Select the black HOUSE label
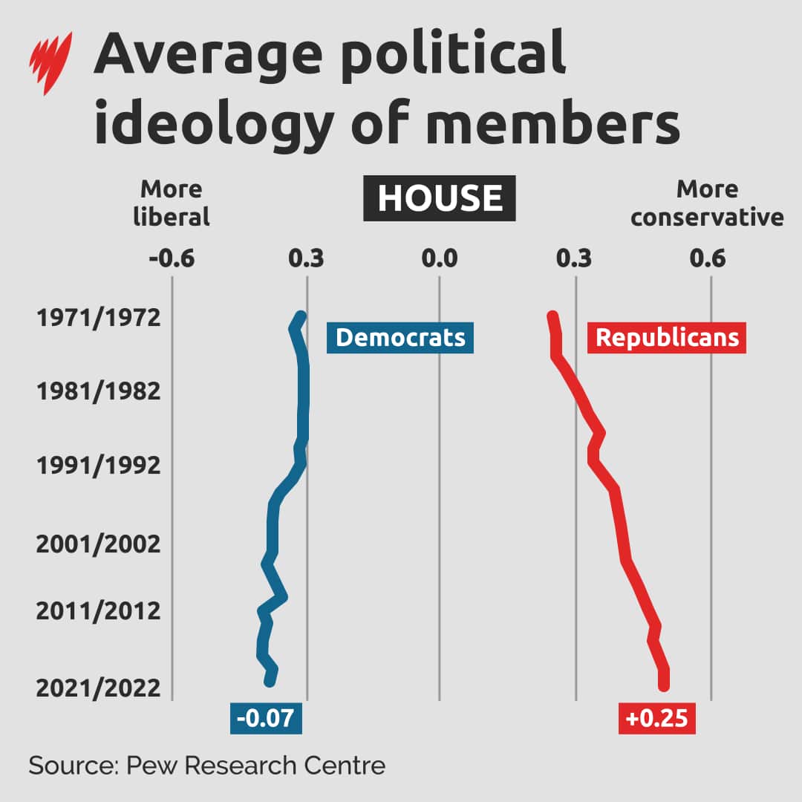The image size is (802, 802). (x=440, y=198)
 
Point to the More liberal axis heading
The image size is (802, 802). (x=171, y=203)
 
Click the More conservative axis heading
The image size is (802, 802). (x=707, y=203)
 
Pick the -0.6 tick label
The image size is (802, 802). (x=172, y=259)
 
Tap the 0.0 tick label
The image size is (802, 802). (x=439, y=259)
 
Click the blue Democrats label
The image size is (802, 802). (x=400, y=338)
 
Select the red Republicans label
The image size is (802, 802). (x=667, y=338)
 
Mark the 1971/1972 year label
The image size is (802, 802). (x=98, y=319)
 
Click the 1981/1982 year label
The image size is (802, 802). (x=98, y=391)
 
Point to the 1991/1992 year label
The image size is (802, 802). (x=98, y=466)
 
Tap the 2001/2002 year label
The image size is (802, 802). (x=98, y=544)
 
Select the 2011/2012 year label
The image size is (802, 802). (x=98, y=611)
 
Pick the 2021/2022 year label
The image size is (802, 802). (x=98, y=688)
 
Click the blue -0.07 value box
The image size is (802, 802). (x=267, y=718)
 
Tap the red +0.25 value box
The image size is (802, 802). (x=656, y=718)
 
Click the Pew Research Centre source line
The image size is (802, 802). (x=207, y=765)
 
